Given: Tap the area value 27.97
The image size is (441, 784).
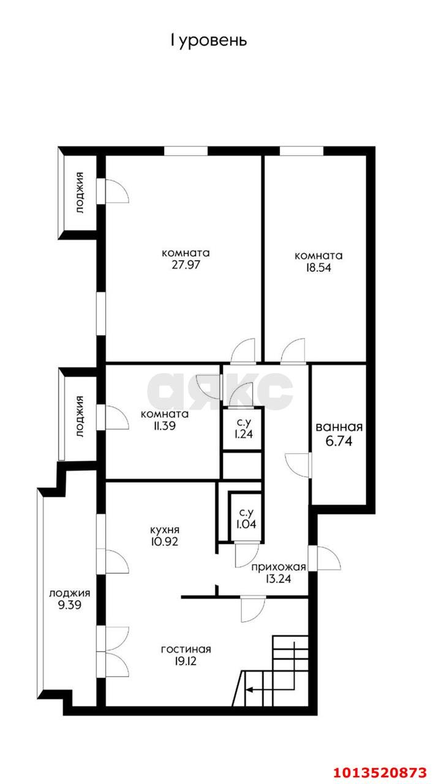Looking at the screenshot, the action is coord(186,265).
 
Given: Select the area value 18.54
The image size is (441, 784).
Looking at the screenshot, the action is coord(318,268).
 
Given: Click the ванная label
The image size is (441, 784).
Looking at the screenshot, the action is coord(339,427).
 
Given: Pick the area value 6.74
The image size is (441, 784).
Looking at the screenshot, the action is coord(339,441).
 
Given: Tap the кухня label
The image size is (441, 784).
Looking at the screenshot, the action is coord(165,530).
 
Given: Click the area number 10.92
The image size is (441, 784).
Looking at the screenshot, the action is coord(165,541).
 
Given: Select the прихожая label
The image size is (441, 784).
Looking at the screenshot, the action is coord(279,567).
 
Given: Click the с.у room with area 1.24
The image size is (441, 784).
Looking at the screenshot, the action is coord(242,429).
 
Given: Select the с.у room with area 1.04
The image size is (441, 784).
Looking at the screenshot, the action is coord(246,518).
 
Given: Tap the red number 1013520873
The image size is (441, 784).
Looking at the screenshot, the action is coord(380,772).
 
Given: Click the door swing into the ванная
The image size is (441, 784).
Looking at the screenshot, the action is coord(298,465).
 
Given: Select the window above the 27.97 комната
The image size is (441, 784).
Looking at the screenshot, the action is coord(186,151).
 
